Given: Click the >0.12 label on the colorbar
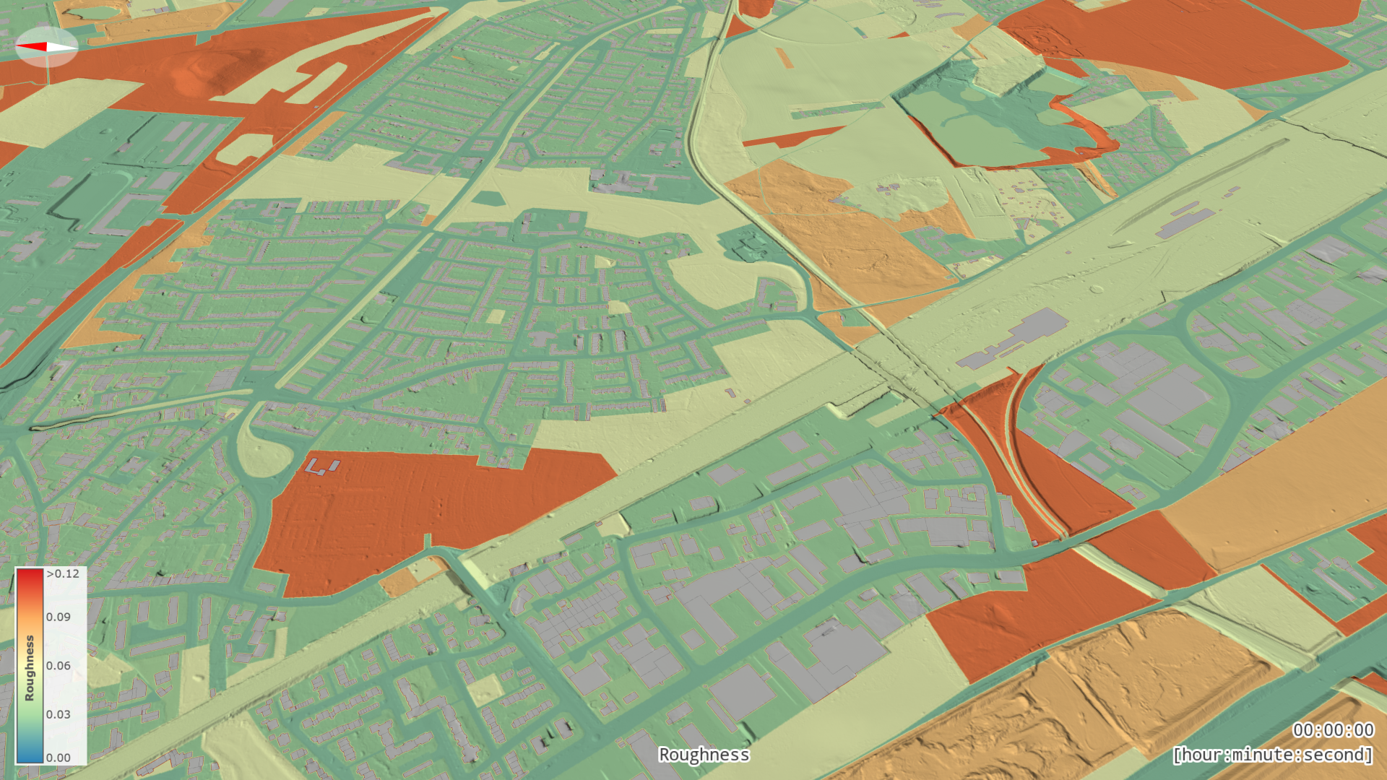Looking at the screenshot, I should [x=63, y=574].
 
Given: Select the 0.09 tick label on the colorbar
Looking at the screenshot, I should [x=59, y=617].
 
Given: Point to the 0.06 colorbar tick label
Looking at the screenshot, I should [x=59, y=666].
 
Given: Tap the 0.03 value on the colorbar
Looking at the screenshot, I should [x=59, y=714].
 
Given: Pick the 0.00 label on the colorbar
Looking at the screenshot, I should [x=59, y=758].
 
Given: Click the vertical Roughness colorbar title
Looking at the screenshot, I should [x=30, y=668].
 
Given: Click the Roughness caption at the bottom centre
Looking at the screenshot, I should [x=704, y=755].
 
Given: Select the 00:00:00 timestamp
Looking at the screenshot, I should [x=1333, y=730].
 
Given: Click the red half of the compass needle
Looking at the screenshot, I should [x=31, y=47].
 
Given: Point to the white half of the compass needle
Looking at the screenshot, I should [x=61, y=48].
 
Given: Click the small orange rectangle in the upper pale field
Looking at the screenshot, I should [x=785, y=58].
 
